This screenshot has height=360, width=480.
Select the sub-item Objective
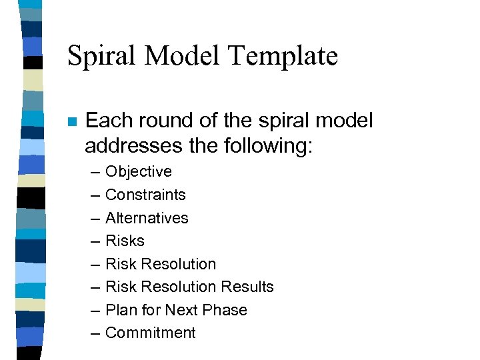tap(138, 172)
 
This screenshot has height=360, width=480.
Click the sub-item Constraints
tap(145, 195)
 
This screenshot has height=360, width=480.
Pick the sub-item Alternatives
tap(147, 218)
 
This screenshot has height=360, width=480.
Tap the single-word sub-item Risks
tap(125, 241)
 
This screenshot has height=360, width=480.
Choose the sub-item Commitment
tap(150, 333)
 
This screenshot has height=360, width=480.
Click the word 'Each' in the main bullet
tap(105, 121)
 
